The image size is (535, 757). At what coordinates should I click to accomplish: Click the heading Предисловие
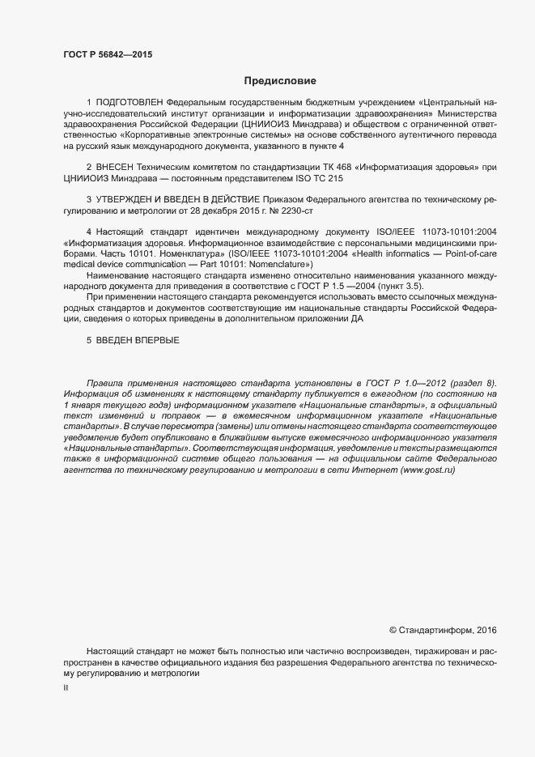280,81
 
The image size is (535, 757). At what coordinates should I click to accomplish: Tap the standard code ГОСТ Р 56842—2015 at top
108,55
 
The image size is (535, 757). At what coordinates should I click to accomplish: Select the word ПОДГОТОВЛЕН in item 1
130,104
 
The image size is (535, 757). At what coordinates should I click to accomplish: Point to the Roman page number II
66,688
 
